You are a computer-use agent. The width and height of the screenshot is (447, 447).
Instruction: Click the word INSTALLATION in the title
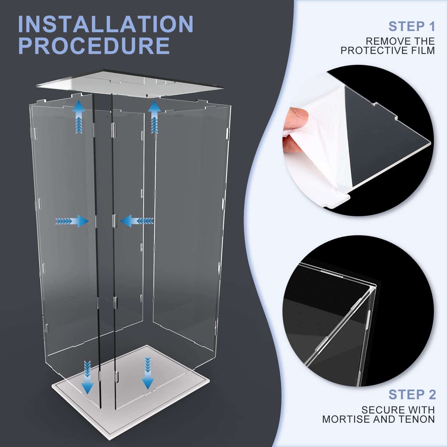pos(106,24)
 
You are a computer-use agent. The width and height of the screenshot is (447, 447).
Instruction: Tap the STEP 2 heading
pos(412,395)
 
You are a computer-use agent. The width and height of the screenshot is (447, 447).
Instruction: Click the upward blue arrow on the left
pos(79,117)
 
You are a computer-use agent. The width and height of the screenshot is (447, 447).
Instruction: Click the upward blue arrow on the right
pos(154,117)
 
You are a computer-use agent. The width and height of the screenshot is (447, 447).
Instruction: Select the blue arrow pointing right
pos(72,221)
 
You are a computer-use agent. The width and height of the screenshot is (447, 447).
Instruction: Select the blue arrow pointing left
pos(137,221)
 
